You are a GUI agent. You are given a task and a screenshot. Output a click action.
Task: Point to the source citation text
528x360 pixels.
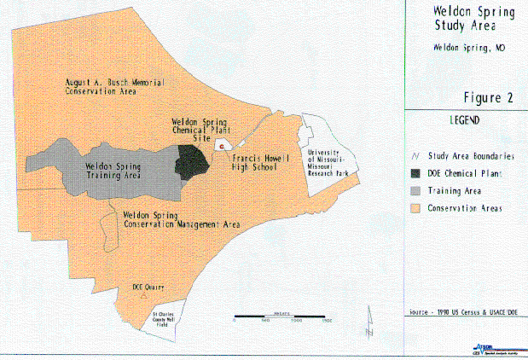464,312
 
